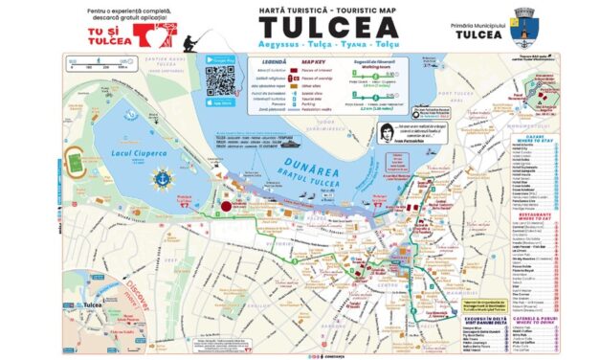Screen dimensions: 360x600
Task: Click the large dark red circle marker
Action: click(x=228, y=205)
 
